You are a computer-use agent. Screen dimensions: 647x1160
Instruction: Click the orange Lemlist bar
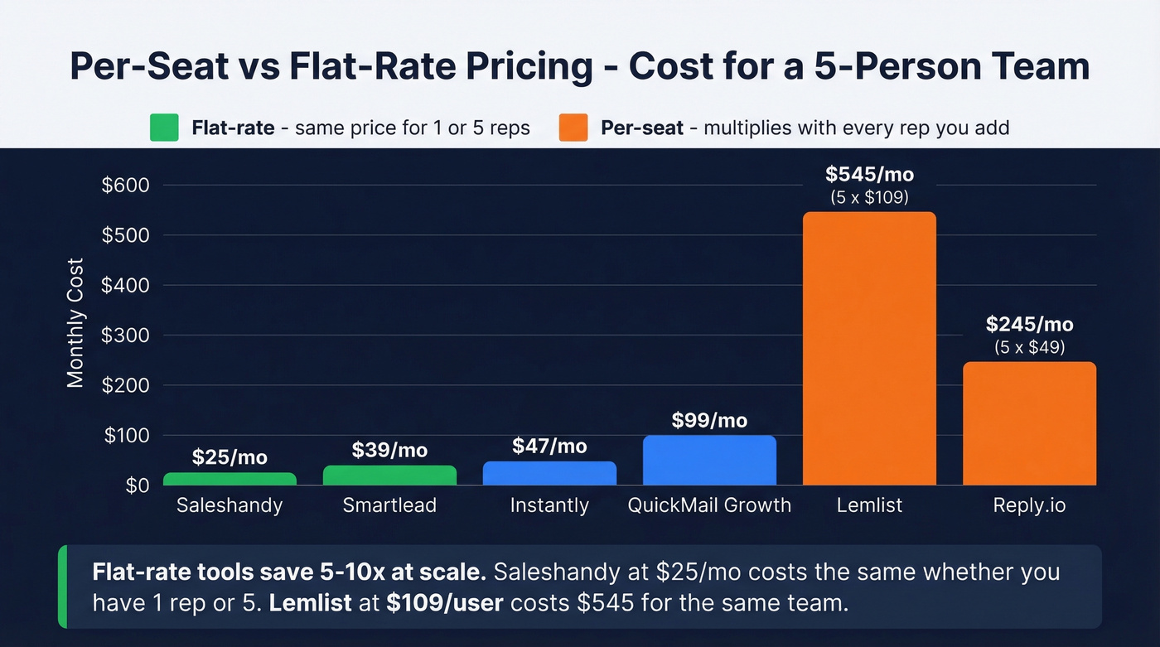coord(869,348)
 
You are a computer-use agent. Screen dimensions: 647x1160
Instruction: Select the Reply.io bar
coord(1029,423)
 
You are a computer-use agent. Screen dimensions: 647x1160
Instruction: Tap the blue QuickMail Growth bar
coord(709,460)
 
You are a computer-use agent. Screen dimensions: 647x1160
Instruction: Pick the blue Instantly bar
coord(549,473)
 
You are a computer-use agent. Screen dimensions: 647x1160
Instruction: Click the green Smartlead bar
coord(389,476)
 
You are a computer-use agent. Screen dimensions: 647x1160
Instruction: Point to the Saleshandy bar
coord(230,479)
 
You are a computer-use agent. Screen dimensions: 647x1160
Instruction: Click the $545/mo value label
coord(869,175)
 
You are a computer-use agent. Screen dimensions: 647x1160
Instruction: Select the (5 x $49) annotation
coord(1029,347)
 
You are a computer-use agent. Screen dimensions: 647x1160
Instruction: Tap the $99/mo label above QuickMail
coord(709,420)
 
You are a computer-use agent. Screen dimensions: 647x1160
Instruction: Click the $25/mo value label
coord(230,456)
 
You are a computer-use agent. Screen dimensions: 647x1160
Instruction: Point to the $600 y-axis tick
coord(125,186)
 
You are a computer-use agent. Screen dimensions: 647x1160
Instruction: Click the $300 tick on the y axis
coord(125,336)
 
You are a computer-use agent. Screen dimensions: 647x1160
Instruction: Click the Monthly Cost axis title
coord(75,323)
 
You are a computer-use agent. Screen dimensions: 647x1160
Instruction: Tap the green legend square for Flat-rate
coord(165,128)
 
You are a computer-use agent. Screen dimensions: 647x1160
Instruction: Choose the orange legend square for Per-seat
coord(573,128)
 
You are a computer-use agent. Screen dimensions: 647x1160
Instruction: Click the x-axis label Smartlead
coord(389,505)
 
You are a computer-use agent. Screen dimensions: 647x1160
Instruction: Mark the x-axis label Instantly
coord(549,505)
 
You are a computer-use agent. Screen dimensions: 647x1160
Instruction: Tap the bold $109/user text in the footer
coord(444,602)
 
